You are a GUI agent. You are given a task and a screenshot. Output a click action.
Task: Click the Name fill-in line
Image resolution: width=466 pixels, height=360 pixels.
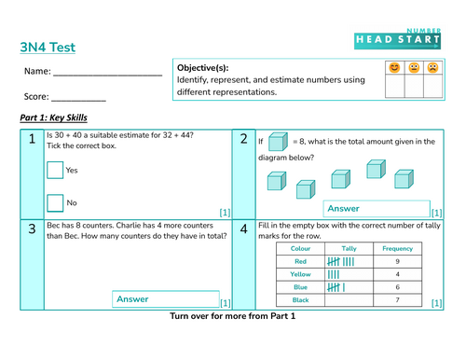[x=109, y=73]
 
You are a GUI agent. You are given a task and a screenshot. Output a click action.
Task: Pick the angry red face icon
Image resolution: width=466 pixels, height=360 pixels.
[x=432, y=68]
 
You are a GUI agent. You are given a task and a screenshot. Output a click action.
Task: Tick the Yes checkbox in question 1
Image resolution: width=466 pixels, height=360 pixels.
[x=55, y=170]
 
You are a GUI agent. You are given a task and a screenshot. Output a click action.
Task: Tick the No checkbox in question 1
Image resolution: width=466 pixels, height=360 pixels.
[x=55, y=201]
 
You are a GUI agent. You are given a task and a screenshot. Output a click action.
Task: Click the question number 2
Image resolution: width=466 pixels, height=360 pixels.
[x=243, y=140]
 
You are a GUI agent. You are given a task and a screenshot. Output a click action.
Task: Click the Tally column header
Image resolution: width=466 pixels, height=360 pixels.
[x=349, y=249]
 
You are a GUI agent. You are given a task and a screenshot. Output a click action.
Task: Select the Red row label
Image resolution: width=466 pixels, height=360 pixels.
[x=301, y=262]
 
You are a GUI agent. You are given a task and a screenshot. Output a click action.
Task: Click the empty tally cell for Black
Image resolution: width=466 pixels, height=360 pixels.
[x=349, y=301]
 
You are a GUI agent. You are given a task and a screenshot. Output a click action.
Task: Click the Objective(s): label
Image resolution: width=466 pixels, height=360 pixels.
[x=203, y=69]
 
